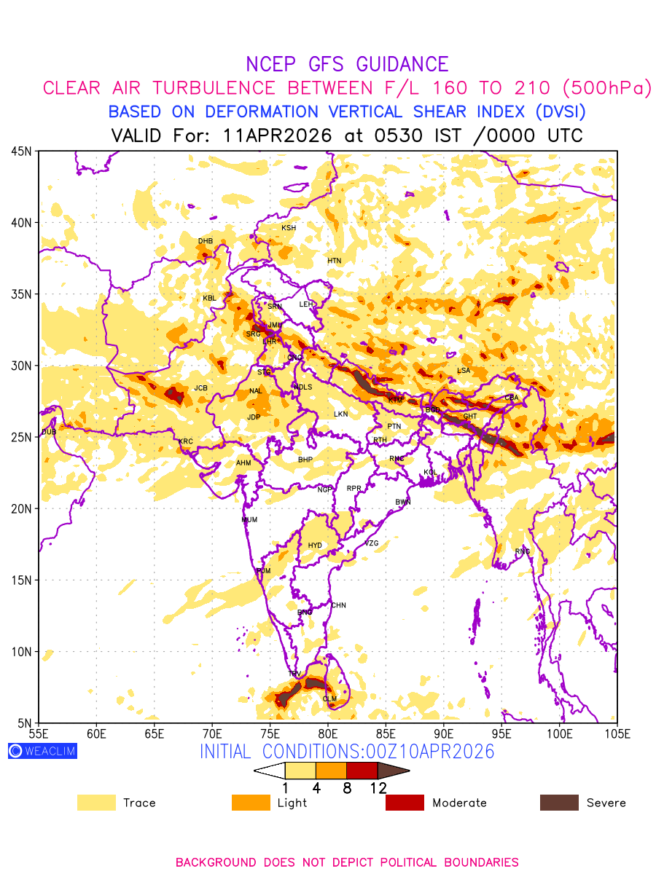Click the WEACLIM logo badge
(x=42, y=751)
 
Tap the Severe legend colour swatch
(x=559, y=803)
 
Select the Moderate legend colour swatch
(x=405, y=803)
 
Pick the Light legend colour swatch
(x=251, y=803)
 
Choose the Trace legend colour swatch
(x=96, y=803)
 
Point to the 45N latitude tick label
(x=20, y=151)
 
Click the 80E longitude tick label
(x=328, y=732)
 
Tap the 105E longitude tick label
(x=617, y=732)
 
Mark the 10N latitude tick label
(x=20, y=651)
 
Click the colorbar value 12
(x=378, y=787)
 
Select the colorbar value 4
(x=316, y=787)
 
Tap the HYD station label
(x=315, y=546)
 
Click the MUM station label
(x=249, y=520)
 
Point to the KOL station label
(x=431, y=473)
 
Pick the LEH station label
(x=306, y=304)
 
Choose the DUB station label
(x=49, y=433)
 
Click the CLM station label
(x=329, y=699)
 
